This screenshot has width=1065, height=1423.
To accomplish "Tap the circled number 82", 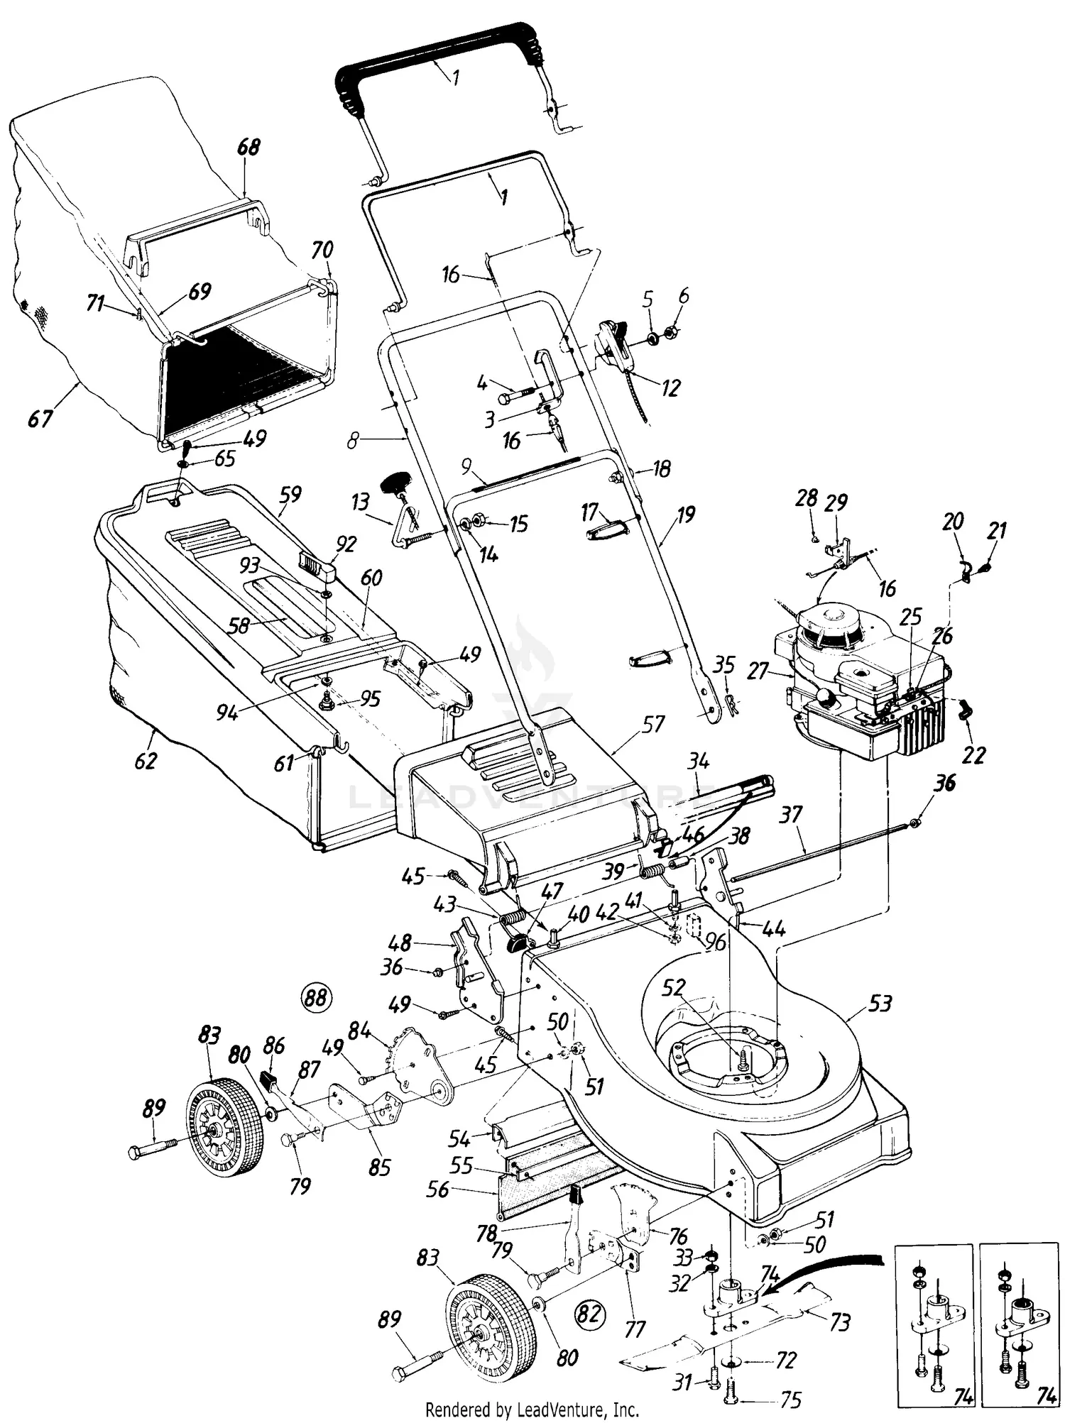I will pyautogui.click(x=590, y=1314).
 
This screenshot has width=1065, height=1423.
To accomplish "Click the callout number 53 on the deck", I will pyautogui.click(x=879, y=1004).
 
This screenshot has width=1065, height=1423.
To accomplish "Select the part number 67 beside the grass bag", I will pyautogui.click(x=40, y=418).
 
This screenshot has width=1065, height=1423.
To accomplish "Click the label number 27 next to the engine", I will pyautogui.click(x=758, y=670).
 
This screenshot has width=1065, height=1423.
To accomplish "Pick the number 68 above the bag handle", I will pyautogui.click(x=248, y=148).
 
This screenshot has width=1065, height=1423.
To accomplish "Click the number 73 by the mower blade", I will pyautogui.click(x=839, y=1322).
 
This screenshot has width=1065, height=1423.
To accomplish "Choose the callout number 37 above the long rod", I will pyautogui.click(x=791, y=814).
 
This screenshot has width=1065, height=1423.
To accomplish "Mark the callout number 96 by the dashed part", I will pyautogui.click(x=716, y=941).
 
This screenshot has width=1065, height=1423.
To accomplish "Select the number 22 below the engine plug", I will pyautogui.click(x=973, y=754).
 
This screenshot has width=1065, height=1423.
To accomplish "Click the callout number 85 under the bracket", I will pyautogui.click(x=380, y=1166).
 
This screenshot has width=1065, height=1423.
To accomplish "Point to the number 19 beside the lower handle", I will pyautogui.click(x=686, y=515).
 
